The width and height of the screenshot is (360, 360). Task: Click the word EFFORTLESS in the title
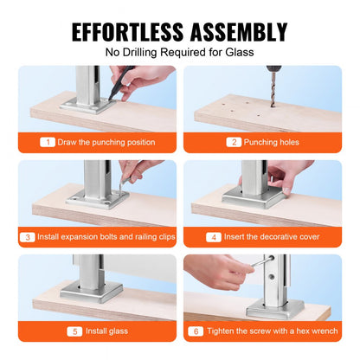click(126, 33)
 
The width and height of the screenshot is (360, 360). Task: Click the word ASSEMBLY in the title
click(235, 33)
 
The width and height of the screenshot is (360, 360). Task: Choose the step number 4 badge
click(213, 235)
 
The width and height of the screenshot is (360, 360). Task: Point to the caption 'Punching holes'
click(270, 141)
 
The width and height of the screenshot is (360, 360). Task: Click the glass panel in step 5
click(130, 277)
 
